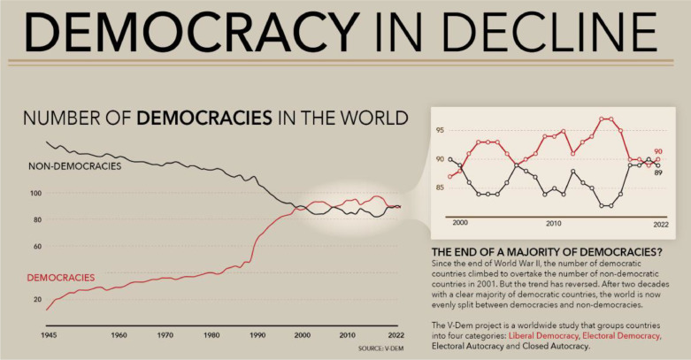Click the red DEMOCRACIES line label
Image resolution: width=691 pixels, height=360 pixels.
click(x=61, y=277)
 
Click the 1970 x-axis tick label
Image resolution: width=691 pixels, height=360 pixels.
click(x=165, y=336)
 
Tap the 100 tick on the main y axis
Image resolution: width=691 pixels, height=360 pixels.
click(x=35, y=193)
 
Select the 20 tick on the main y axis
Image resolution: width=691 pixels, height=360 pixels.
click(x=36, y=299)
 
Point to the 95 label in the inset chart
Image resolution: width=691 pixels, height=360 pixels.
click(x=441, y=131)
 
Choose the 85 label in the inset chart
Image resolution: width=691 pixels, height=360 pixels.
click(x=441, y=188)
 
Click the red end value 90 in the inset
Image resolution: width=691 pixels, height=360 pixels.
click(x=658, y=151)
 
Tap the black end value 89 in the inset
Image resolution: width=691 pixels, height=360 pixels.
click(x=658, y=172)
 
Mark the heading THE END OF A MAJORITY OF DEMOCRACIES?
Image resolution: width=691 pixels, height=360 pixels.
click(x=546, y=252)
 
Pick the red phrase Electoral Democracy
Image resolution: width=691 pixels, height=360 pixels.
click(x=623, y=336)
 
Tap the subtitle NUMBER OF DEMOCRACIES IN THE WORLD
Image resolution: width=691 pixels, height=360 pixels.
click(x=215, y=118)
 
